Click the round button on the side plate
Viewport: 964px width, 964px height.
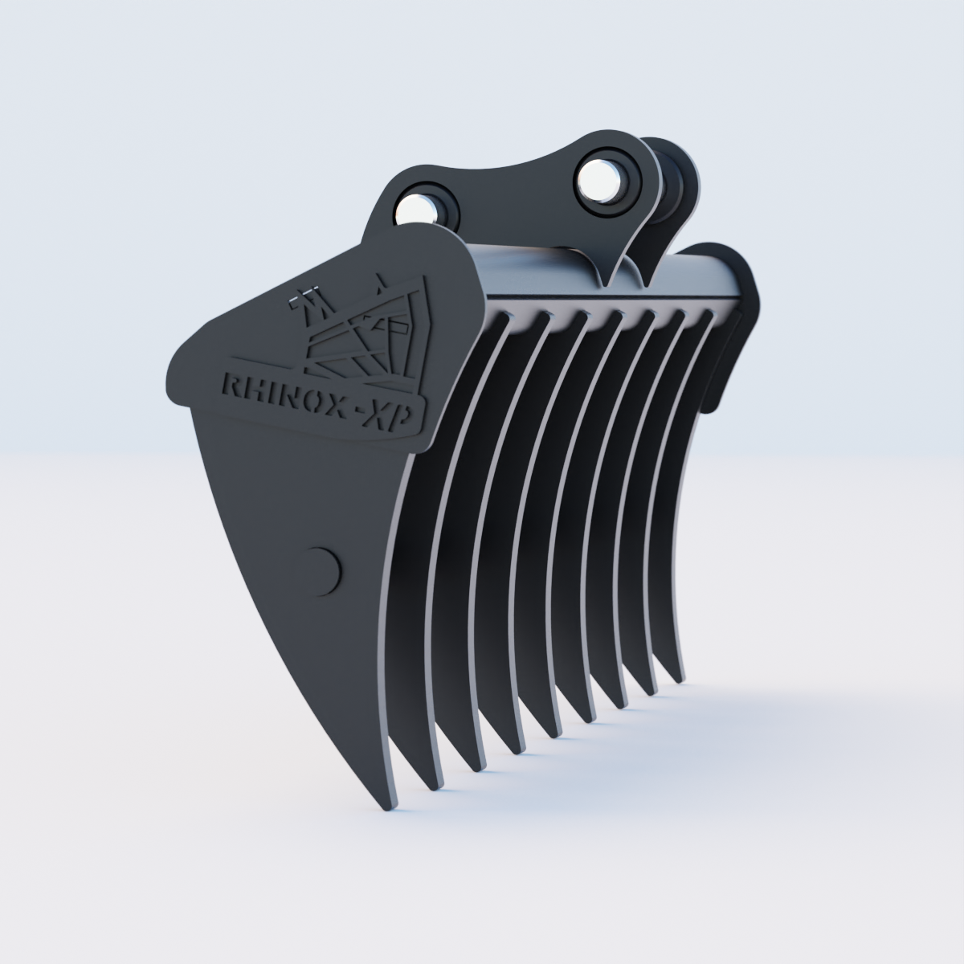[x=323, y=571]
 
